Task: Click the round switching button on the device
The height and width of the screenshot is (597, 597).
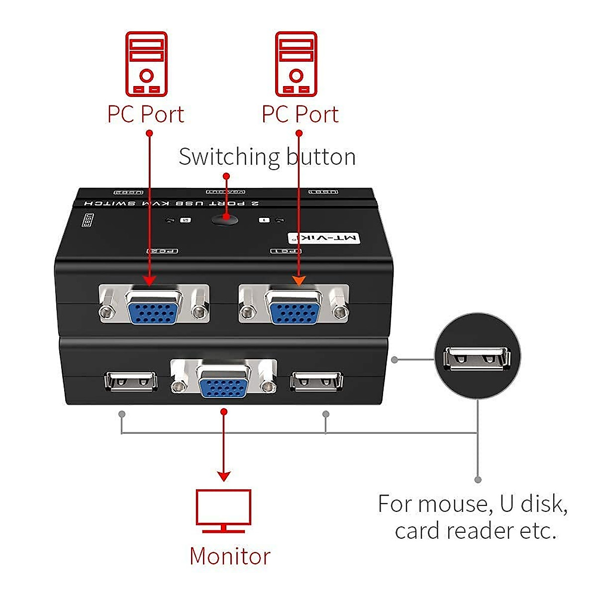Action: [x=225, y=220]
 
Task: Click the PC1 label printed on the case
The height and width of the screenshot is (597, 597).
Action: [x=286, y=251]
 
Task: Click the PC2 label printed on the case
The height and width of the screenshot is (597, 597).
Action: [x=163, y=251]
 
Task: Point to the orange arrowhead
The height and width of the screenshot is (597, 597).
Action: [x=298, y=281]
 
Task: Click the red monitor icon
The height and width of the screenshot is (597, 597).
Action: [x=223, y=510]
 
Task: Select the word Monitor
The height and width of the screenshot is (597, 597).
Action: [x=230, y=556]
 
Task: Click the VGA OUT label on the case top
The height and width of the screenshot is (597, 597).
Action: [x=226, y=192]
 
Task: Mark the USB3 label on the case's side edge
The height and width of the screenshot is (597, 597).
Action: [x=88, y=220]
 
